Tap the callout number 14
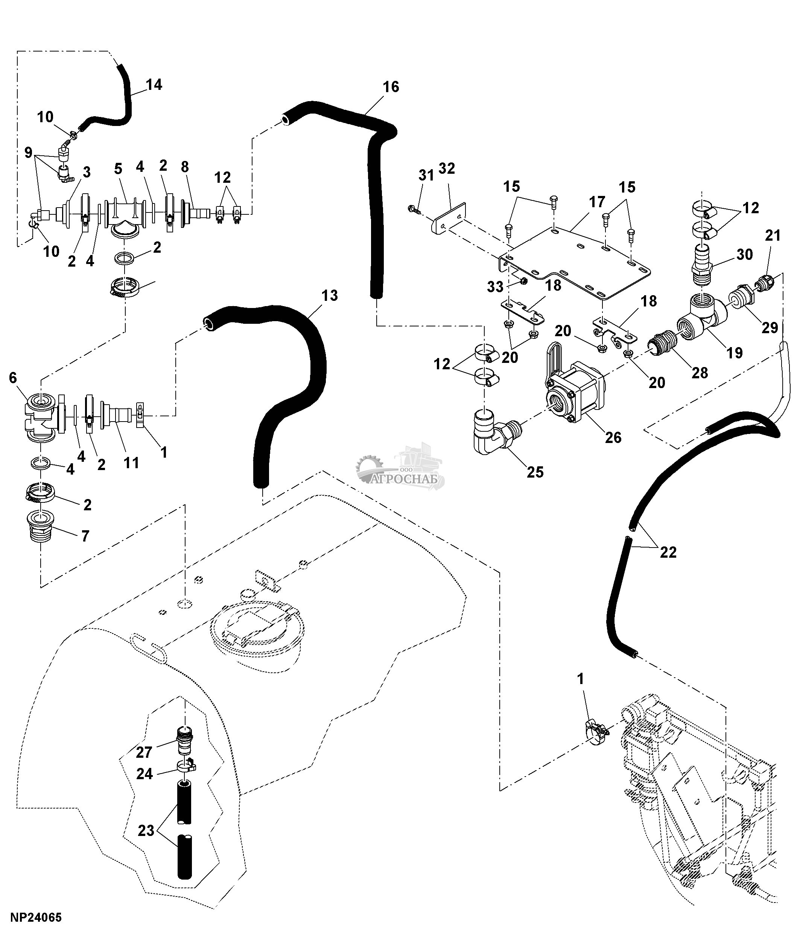154,85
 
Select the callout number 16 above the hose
391,86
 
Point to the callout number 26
613,437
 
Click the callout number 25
535,472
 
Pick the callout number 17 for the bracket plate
597,202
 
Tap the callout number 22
668,552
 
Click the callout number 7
85,536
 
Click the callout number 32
446,168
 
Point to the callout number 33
495,287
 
